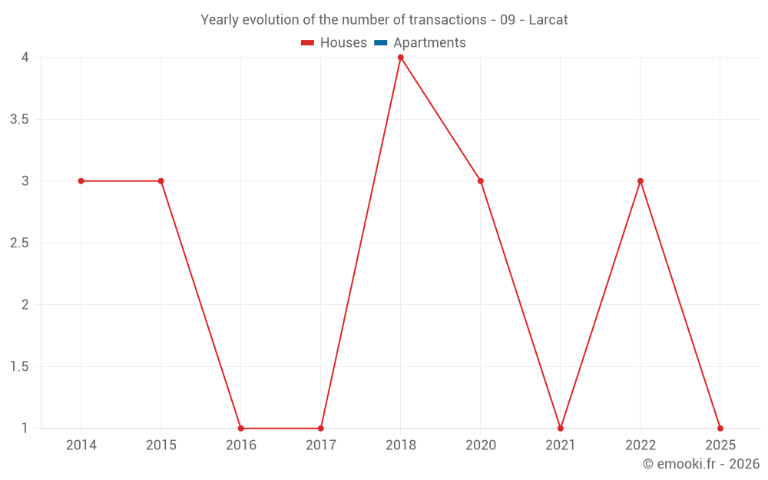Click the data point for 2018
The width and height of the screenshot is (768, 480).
click(x=400, y=58)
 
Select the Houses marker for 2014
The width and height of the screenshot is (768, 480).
click(x=81, y=181)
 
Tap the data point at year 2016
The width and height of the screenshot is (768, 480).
click(x=240, y=429)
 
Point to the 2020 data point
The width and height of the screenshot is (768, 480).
click(x=480, y=181)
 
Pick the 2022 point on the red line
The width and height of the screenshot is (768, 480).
click(x=640, y=181)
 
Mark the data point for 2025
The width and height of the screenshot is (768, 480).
click(x=720, y=429)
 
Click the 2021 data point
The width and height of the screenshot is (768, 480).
click(x=560, y=429)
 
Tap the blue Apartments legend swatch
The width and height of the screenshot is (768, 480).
click(x=380, y=43)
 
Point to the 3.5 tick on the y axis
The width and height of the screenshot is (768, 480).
click(x=20, y=119)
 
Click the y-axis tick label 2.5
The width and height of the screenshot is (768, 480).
click(x=20, y=243)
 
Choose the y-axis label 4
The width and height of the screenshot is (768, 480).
click(x=25, y=58)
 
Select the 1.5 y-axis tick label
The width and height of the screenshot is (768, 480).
click(x=20, y=366)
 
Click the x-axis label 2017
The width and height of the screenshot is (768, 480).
click(x=320, y=445)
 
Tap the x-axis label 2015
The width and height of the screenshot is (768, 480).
click(x=161, y=445)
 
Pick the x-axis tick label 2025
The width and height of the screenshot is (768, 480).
click(x=720, y=445)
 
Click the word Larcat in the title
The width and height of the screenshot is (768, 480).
click(x=548, y=20)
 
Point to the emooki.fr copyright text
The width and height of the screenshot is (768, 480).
click(x=701, y=464)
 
